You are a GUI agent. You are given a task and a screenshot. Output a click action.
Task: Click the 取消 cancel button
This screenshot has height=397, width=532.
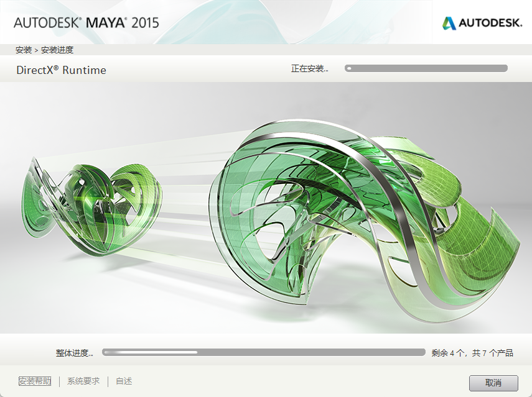[493, 382]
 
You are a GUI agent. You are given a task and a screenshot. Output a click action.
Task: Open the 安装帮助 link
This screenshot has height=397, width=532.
[35, 381]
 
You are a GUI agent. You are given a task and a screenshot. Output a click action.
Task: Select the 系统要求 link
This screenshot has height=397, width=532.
[83, 381]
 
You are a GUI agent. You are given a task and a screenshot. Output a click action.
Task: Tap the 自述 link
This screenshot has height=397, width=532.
[124, 381]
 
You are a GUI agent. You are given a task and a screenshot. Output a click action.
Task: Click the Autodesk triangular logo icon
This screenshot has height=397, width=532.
[449, 23]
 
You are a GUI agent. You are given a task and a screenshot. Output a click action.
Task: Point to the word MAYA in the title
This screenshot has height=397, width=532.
[106, 23]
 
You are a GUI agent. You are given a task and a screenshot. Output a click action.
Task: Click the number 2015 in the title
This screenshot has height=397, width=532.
[145, 23]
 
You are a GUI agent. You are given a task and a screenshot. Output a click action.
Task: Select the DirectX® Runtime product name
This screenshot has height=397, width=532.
[61, 70]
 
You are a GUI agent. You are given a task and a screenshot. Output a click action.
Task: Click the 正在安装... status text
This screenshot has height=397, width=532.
[309, 68]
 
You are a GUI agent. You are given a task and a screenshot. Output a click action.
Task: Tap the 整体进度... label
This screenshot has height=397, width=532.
[74, 353]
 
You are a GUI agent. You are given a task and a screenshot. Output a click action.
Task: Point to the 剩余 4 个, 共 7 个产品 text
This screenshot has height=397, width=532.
[472, 353]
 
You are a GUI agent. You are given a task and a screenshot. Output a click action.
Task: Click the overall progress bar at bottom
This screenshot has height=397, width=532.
[263, 352]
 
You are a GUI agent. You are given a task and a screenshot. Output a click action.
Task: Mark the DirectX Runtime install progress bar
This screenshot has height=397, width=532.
[426, 68]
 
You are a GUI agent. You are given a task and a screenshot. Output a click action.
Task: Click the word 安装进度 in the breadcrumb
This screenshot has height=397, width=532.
[57, 50]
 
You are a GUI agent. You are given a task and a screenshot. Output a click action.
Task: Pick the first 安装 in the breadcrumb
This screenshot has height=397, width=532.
[24, 50]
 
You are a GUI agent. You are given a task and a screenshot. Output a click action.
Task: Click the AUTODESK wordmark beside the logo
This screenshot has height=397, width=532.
[490, 23]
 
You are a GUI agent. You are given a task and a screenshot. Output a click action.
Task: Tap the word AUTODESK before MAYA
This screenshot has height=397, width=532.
[47, 23]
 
